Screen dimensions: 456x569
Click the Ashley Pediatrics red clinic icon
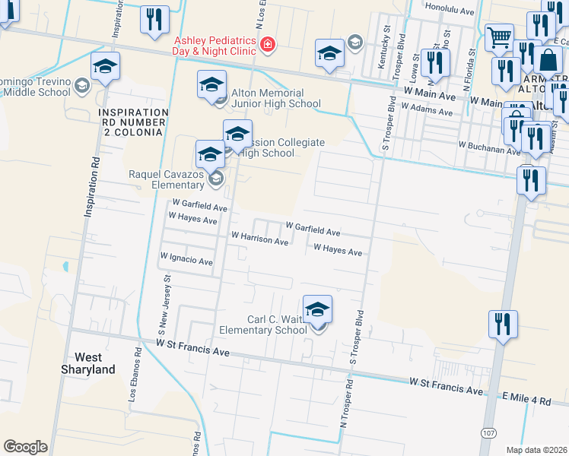[x=267, y=46]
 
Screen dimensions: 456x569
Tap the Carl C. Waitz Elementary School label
[x=263, y=325]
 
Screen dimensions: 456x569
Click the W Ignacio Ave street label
[x=187, y=261]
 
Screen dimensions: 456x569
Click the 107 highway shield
[x=488, y=432]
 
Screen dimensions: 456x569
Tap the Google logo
[x=25, y=447]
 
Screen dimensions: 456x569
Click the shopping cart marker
[x=499, y=36]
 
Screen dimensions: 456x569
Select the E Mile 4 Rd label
[x=526, y=399]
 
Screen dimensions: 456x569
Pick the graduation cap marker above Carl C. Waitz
[x=317, y=308]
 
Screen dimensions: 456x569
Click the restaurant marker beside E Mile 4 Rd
[x=503, y=324]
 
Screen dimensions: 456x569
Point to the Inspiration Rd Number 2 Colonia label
[x=131, y=122]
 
